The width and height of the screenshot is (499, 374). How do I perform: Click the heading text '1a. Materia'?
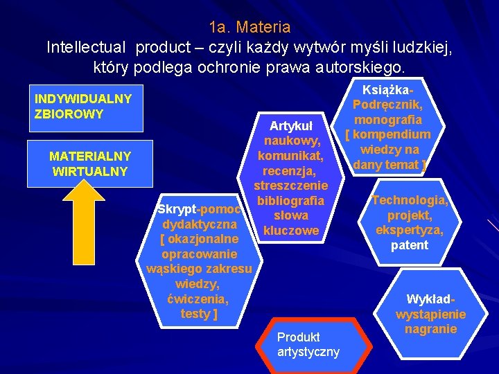pos(249,28)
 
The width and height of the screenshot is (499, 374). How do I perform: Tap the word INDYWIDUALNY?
pos(83,98)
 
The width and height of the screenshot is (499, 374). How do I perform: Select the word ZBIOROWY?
pos(69,113)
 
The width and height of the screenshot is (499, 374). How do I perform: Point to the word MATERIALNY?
pos(90,156)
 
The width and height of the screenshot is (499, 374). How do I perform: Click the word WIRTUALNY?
pos(90,170)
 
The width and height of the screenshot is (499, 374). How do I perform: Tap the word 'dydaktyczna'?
pos(200,224)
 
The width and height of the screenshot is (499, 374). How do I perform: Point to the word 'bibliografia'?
pos(290,201)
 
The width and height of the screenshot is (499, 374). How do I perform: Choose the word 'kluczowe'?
pos(291,231)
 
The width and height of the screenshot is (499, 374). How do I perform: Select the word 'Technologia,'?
pos(410,200)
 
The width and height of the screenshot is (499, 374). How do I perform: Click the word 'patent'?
pos(410,245)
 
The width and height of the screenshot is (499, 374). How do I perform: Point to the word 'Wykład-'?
pos(430,299)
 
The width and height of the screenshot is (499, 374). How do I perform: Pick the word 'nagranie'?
pos(430,328)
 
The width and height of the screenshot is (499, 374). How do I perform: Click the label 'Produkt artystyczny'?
pos(308,344)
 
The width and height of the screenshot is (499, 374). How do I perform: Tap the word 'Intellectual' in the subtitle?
pos(87,47)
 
